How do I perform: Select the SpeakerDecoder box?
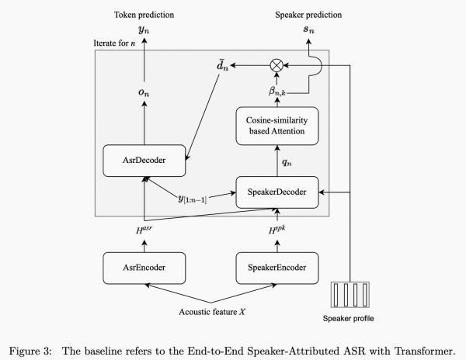click(x=279, y=192)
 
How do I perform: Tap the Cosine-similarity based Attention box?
click(x=279, y=125)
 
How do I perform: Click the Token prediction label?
click(x=144, y=15)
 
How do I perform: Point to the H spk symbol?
click(x=279, y=230)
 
